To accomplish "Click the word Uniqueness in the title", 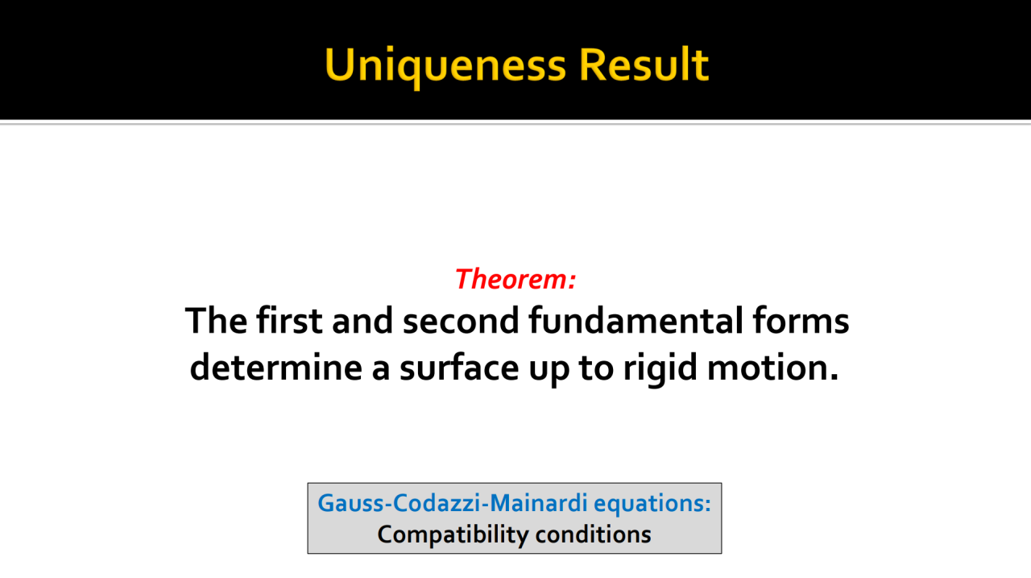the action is (445, 65).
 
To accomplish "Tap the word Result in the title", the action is (644, 64).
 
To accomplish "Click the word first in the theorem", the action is (289, 319).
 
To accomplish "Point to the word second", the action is (461, 321).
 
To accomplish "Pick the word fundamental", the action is (636, 319).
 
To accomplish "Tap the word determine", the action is (276, 367).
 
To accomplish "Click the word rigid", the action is (660, 369).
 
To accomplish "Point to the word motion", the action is (772, 367).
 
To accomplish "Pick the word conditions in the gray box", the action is (594, 534).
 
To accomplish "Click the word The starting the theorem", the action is (216, 319).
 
